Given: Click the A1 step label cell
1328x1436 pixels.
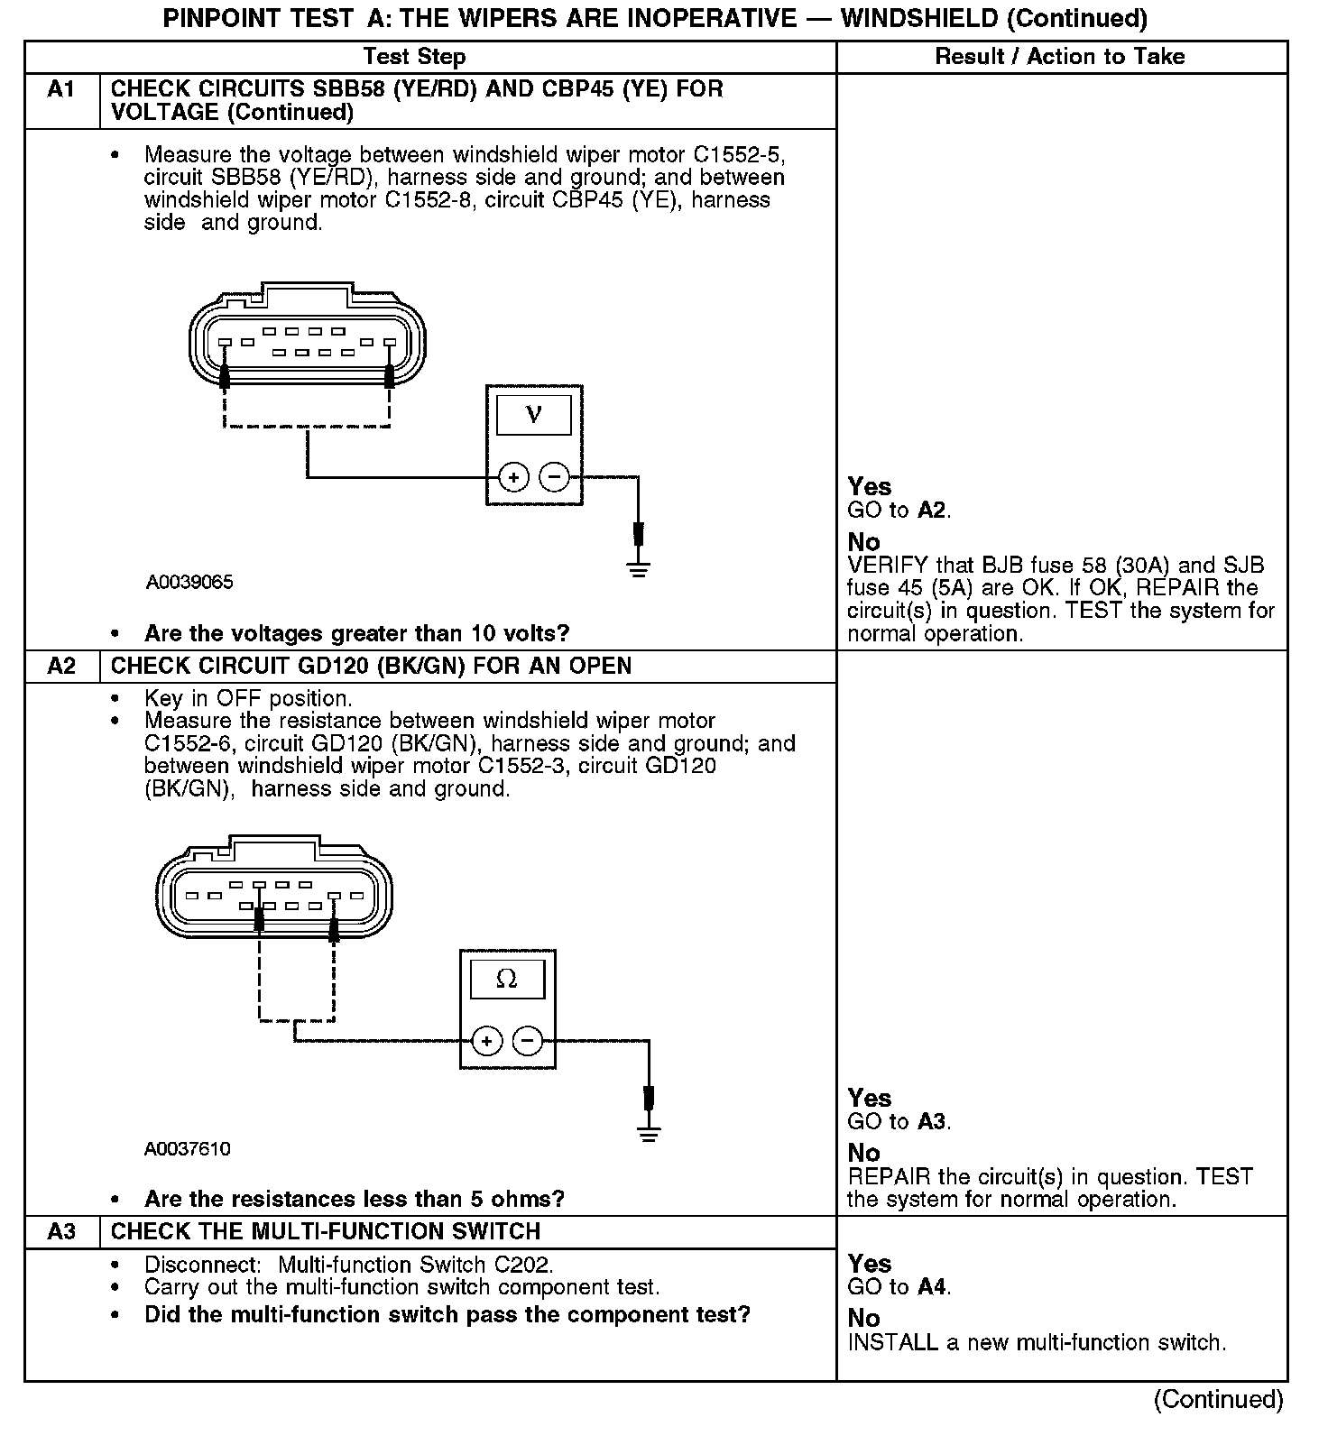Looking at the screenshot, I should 61,90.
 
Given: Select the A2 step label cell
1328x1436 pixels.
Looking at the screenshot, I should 61,667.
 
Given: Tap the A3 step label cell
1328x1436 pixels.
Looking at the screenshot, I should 61,1232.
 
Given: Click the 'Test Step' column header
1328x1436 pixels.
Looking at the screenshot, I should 414,57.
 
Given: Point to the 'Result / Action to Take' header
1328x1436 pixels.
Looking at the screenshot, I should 1059,57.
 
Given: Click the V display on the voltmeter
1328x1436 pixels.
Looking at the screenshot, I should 534,415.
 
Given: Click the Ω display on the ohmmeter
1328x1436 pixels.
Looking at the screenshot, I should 507,980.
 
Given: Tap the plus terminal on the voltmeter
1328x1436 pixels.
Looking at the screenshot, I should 513,476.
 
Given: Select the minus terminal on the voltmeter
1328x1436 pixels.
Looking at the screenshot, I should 555,476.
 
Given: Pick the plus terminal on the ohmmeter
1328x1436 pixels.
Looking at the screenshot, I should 486,1042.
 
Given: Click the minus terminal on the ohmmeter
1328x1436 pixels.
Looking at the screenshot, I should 528,1042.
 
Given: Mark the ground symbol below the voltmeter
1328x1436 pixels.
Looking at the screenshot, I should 639,567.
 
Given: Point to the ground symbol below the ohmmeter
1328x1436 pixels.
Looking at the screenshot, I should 648,1133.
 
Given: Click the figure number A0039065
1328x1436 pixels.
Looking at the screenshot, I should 189,583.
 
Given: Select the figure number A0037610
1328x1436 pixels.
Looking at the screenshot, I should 187,1149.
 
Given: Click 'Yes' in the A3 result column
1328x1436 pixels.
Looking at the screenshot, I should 869,1264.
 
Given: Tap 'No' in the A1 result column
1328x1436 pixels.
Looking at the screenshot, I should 863,542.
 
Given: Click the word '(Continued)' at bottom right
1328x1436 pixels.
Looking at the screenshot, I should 1218,1399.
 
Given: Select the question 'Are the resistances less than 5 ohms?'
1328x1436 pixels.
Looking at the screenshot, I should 354,1200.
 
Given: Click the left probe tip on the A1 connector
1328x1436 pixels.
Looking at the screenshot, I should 225,373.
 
